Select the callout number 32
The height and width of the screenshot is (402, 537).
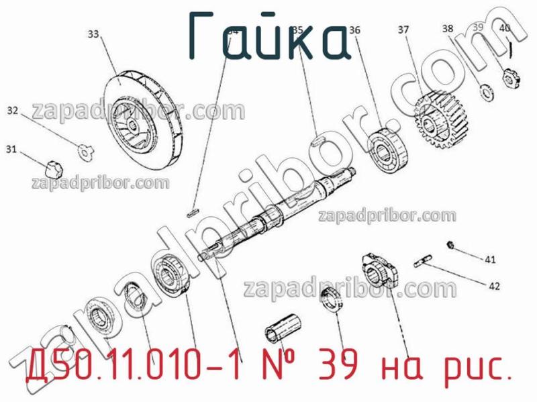click(x=13, y=110)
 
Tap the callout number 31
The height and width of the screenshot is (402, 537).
click(x=11, y=149)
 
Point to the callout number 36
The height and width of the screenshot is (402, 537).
click(x=354, y=30)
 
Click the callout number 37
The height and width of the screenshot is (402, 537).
click(x=403, y=30)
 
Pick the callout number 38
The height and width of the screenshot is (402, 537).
click(x=448, y=28)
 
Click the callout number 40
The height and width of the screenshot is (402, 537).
click(x=505, y=28)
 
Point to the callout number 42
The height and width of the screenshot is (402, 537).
click(x=494, y=286)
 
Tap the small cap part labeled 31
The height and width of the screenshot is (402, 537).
click(x=53, y=163)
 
